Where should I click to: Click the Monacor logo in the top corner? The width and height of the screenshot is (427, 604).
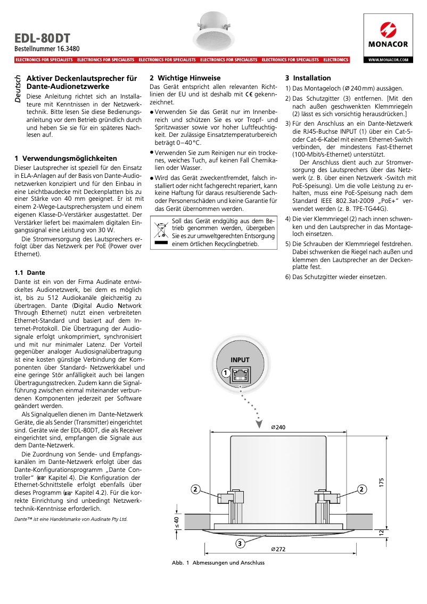[x=388, y=35]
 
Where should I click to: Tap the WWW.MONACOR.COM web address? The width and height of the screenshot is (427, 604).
[x=388, y=60]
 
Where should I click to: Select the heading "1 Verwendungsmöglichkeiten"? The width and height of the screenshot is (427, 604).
[x=65, y=159]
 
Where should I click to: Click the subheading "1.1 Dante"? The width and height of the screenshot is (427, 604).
[x=30, y=272]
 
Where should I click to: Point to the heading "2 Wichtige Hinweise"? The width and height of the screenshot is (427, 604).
[x=185, y=78]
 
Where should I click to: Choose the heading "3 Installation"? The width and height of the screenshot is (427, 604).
[x=308, y=78]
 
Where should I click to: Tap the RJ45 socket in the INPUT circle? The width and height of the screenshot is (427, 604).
[x=241, y=373]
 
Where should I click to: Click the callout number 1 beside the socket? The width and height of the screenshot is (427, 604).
[x=226, y=374]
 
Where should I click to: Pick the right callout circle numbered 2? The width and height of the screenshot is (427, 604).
[x=362, y=489]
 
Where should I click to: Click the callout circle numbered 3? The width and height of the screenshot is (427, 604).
[x=241, y=543]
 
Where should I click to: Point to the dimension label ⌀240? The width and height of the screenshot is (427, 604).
[x=278, y=428]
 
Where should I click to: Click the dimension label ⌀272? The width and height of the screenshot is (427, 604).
[x=278, y=549]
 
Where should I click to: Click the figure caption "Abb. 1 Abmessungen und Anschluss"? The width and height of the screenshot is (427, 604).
[x=218, y=563]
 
